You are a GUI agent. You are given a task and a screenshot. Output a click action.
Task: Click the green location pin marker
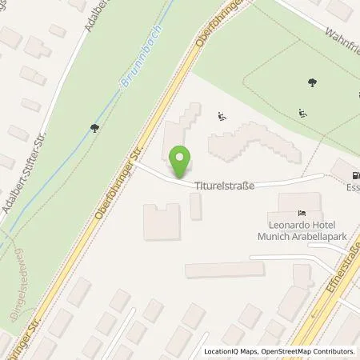tap(182, 162)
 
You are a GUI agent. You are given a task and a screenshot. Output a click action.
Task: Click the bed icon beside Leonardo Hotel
tap(301, 213)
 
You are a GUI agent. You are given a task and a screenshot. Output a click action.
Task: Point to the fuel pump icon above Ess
tap(351, 174)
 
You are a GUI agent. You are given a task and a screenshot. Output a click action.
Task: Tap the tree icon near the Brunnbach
tap(94, 126)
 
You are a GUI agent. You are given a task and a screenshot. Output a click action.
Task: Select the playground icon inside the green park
tap(302, 113)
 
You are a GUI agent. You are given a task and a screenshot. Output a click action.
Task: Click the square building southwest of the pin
tap(161, 220)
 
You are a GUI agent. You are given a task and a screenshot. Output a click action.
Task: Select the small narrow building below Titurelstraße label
tap(196, 206)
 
